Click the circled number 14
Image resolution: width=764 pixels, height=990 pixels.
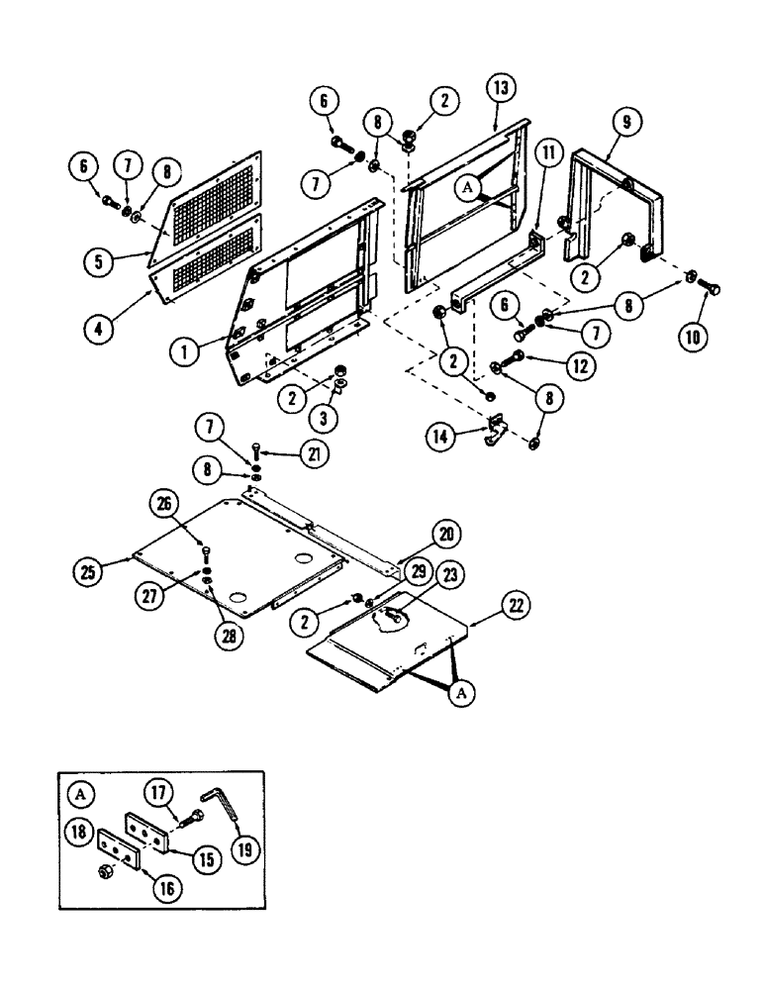(441, 435)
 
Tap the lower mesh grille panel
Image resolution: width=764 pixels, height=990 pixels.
(207, 261)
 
